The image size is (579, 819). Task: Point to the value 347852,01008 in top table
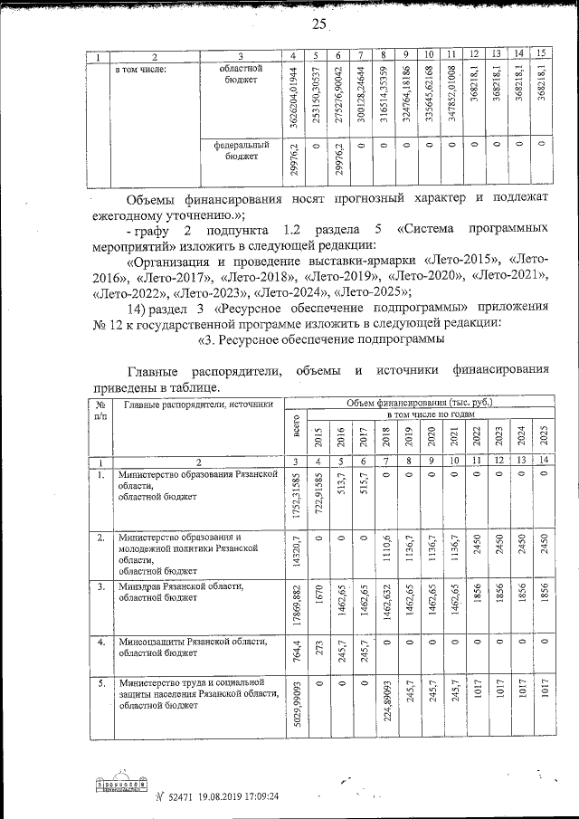click(x=451, y=98)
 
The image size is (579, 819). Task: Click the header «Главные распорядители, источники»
click(x=198, y=405)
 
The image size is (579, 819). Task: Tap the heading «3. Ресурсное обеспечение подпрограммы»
click(x=320, y=340)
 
